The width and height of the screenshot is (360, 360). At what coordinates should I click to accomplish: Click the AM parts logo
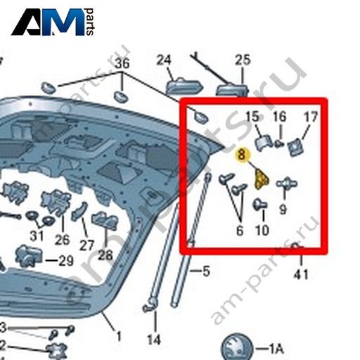(x=53, y=22)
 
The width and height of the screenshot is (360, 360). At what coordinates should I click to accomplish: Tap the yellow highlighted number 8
(x=241, y=155)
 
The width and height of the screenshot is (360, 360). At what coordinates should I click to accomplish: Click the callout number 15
(x=252, y=117)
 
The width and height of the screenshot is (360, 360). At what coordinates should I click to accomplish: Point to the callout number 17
(x=310, y=117)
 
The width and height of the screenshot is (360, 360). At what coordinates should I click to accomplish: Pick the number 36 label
(x=122, y=63)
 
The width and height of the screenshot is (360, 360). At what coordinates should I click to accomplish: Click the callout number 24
(x=164, y=60)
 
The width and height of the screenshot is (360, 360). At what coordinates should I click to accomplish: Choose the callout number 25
(x=243, y=60)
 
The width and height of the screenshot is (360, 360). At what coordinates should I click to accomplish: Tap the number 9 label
(x=283, y=209)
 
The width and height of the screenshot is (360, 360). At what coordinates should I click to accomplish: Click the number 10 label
(x=262, y=230)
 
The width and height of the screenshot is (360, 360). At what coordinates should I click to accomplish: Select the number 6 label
(x=240, y=231)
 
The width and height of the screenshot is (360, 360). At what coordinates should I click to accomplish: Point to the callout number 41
(x=301, y=274)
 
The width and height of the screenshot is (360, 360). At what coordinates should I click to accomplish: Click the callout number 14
(x=154, y=340)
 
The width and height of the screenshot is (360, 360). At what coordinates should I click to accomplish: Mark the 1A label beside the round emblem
(x=276, y=349)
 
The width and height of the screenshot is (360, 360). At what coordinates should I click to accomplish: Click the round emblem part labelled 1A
(x=237, y=347)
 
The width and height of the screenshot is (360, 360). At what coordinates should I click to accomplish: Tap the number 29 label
(x=65, y=260)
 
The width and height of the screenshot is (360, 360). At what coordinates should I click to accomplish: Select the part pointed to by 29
(x=28, y=256)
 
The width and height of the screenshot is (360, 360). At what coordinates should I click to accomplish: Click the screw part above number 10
(x=260, y=204)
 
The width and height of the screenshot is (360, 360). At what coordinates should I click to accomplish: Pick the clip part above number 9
(x=286, y=184)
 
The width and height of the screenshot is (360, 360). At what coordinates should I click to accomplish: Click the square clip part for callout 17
(x=295, y=147)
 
